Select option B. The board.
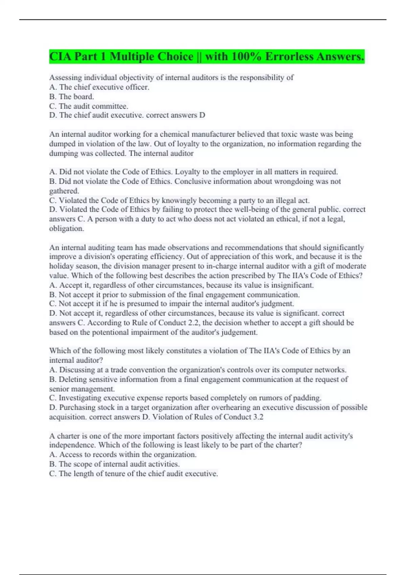click(71, 97)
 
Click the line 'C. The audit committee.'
click(89, 106)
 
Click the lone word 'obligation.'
click(67, 229)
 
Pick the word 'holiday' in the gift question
click(61, 266)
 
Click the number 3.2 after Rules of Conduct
click(258, 417)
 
